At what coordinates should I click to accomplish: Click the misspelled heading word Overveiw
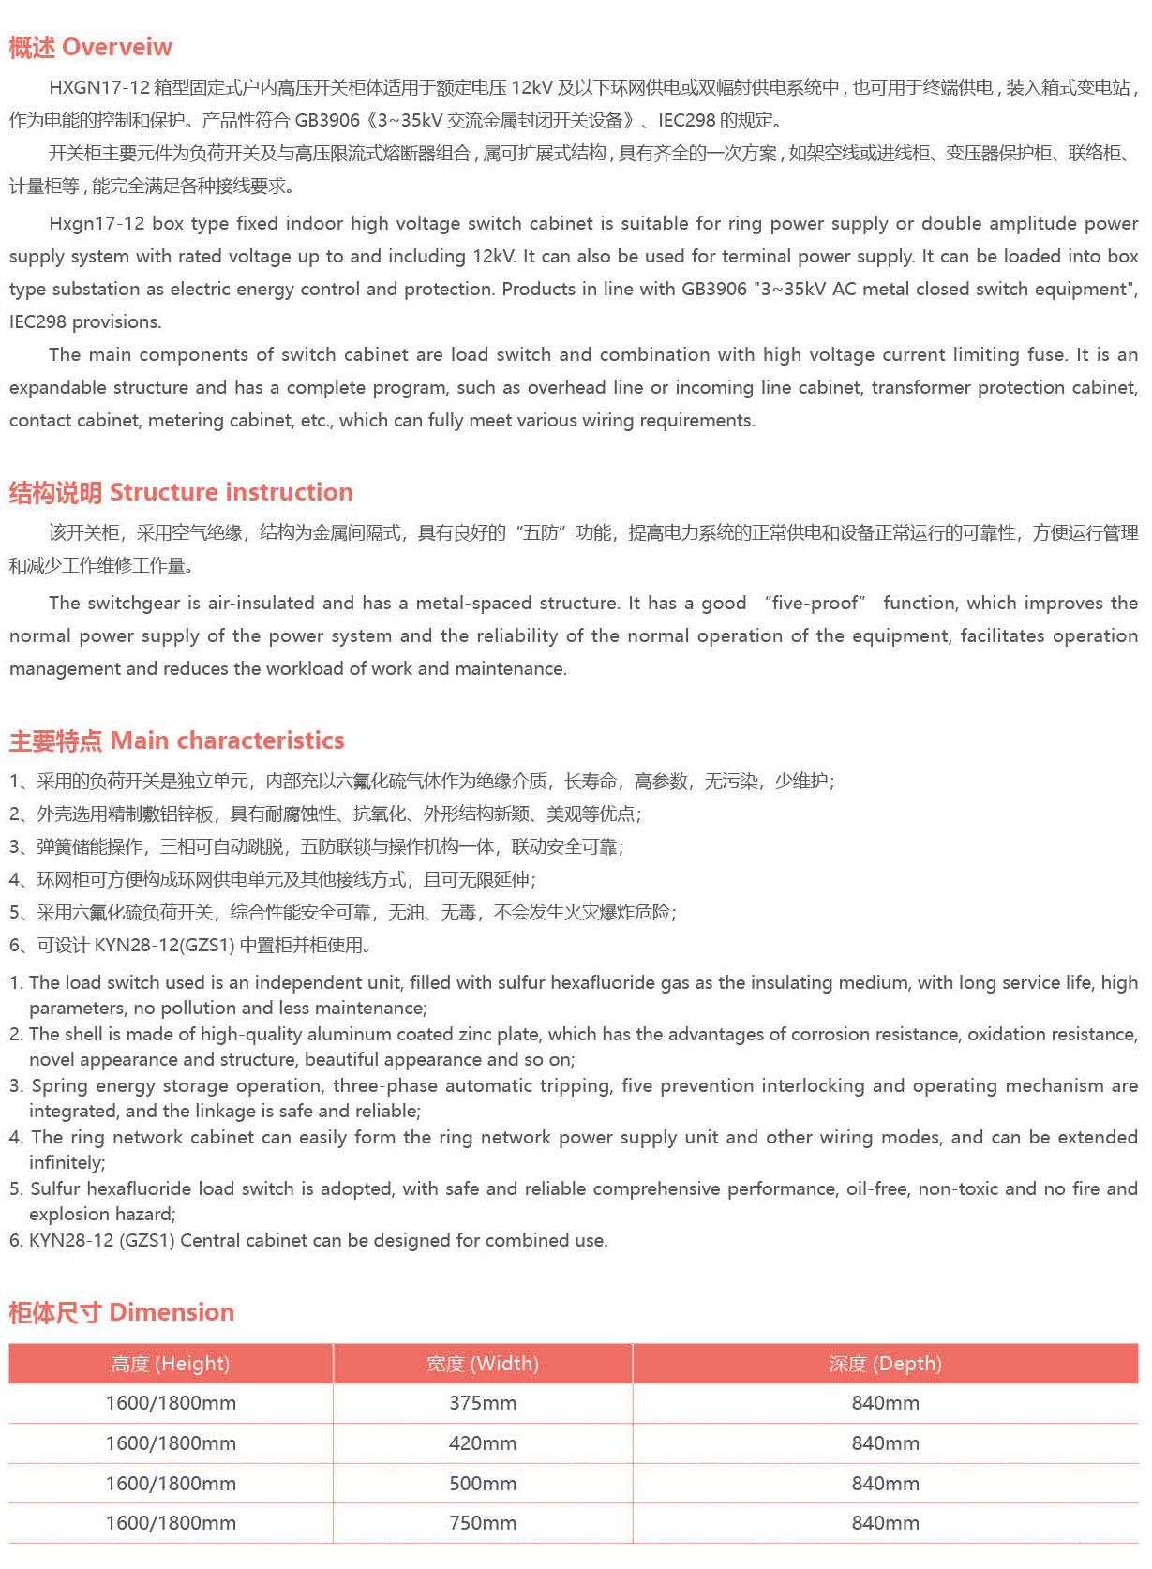(117, 47)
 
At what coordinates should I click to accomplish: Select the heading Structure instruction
(231, 492)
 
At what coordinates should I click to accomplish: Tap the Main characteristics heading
(227, 740)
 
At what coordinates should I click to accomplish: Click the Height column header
(170, 1364)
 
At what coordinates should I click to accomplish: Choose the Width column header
(482, 1364)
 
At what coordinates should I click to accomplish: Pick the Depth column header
(885, 1364)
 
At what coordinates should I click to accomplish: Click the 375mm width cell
(482, 1403)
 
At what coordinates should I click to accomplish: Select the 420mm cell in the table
(482, 1443)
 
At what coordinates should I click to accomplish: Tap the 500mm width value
(482, 1484)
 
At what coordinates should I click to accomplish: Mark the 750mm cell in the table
(482, 1523)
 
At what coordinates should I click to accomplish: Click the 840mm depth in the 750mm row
(885, 1523)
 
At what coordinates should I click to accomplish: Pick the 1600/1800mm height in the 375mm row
(170, 1403)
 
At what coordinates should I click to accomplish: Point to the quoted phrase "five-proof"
(815, 603)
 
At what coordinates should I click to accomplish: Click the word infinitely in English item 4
(67, 1162)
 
